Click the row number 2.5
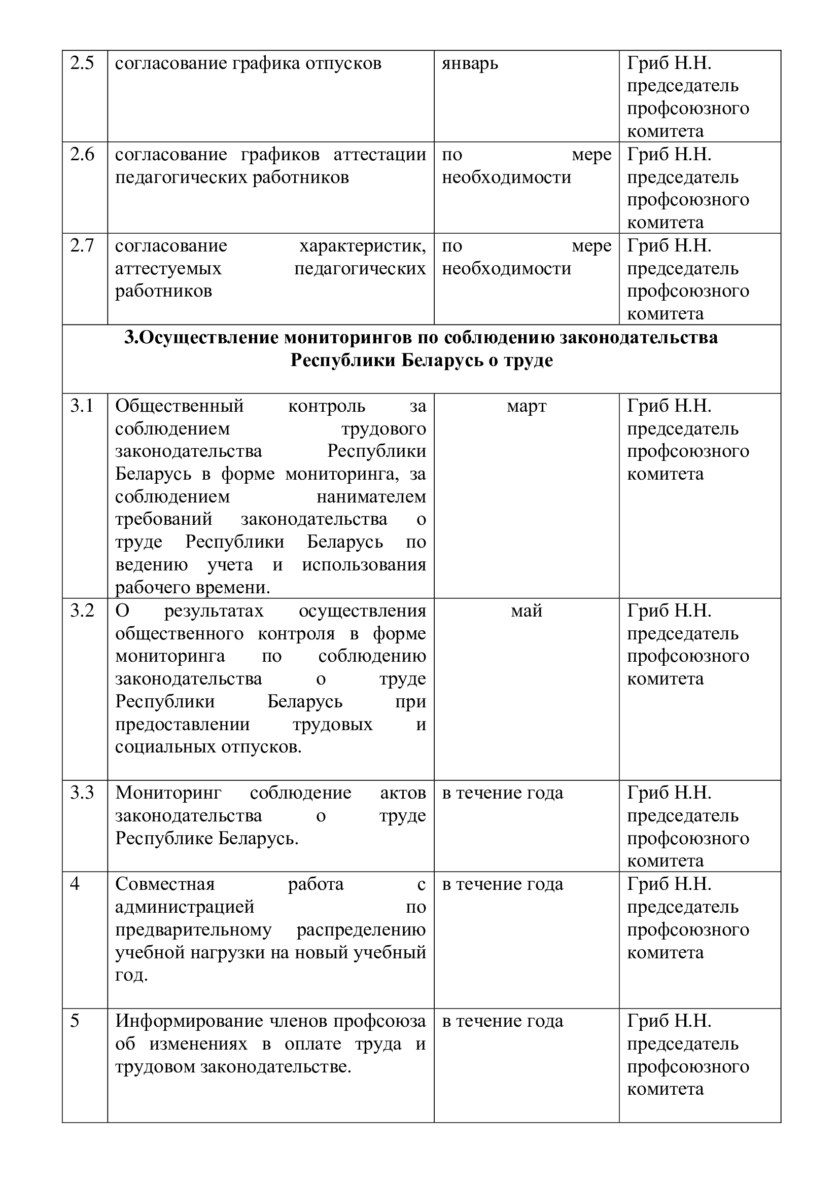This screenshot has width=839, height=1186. tap(82, 63)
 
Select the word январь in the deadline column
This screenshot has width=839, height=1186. tap(470, 64)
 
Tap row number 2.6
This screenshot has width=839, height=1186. tap(82, 155)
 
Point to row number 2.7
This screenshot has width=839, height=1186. tap(82, 246)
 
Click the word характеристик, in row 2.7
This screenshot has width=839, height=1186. tap(363, 246)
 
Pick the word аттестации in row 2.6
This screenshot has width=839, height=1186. tap(380, 155)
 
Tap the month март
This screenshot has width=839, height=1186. tap(527, 407)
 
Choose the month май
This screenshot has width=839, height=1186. tap(527, 611)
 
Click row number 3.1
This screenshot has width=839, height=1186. tap(82, 407)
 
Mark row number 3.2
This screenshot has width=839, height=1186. tap(82, 611)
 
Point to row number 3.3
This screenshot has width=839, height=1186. tap(82, 793)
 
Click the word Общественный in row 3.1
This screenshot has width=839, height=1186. tap(179, 407)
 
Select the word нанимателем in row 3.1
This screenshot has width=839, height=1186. tap(371, 497)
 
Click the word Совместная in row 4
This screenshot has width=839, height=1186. tap(165, 884)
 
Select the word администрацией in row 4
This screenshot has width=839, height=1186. tap(185, 907)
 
